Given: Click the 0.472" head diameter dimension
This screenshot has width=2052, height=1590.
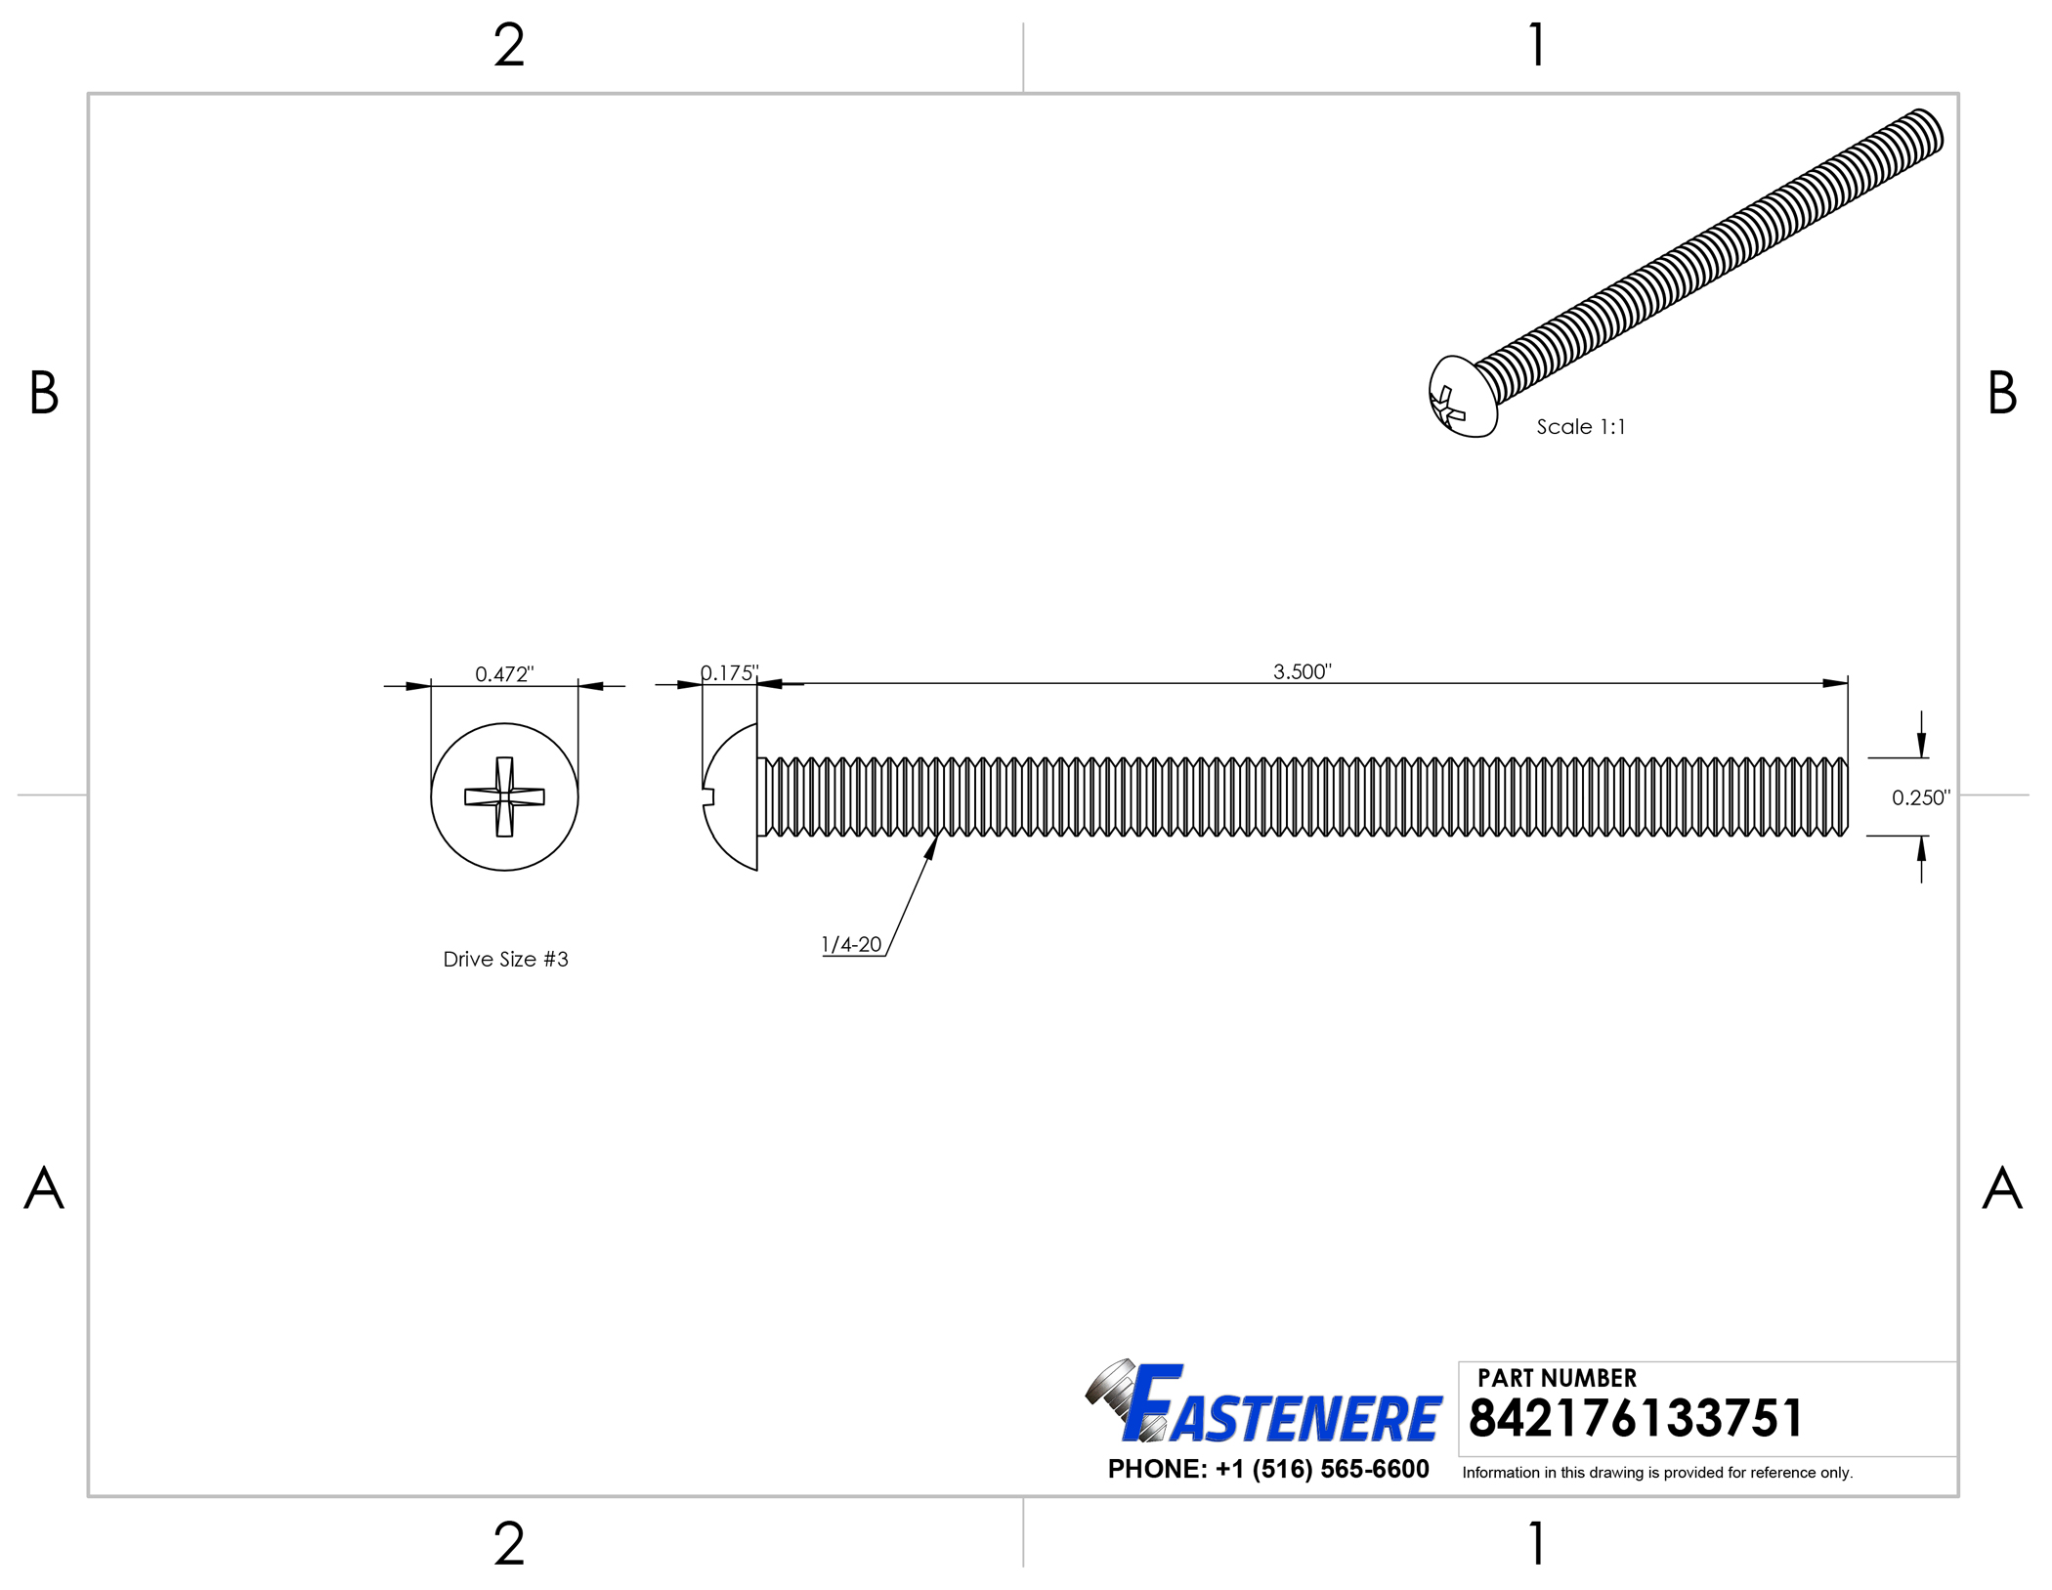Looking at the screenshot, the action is [504, 674].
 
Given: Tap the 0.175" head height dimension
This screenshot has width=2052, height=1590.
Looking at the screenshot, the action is [729, 673].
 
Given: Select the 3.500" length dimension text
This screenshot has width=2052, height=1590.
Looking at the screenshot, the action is [1302, 671].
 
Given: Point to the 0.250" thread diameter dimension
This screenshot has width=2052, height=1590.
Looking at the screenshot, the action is [1920, 797].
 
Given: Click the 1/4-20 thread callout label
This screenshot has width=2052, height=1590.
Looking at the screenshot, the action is [851, 945].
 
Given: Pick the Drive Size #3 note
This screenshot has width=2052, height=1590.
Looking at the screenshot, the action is [505, 960].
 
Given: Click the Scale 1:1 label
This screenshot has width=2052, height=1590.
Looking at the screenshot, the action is [1580, 427].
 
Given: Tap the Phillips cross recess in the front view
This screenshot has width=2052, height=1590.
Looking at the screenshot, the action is [504, 796].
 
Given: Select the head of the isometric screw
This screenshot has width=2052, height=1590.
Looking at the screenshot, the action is [1463, 396].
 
